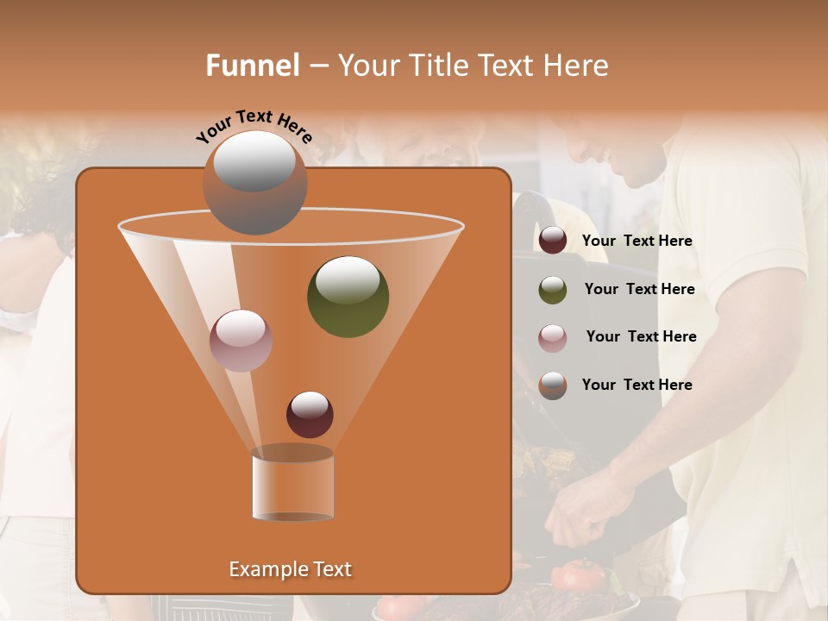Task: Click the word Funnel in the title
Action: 253,66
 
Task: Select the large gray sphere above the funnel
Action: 254,182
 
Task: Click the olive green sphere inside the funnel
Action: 348,296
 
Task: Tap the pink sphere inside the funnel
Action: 241,340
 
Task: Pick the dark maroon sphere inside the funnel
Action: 310,415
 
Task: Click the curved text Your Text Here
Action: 254,126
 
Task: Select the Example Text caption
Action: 290,569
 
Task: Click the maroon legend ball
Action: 553,241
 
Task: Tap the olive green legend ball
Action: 553,290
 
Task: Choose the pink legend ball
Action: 553,337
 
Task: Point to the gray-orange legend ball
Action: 553,386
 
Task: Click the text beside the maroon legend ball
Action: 637,241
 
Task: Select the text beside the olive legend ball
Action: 639,289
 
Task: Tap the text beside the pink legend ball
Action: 641,336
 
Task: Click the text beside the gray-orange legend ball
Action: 637,385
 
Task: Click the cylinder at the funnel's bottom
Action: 292,485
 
